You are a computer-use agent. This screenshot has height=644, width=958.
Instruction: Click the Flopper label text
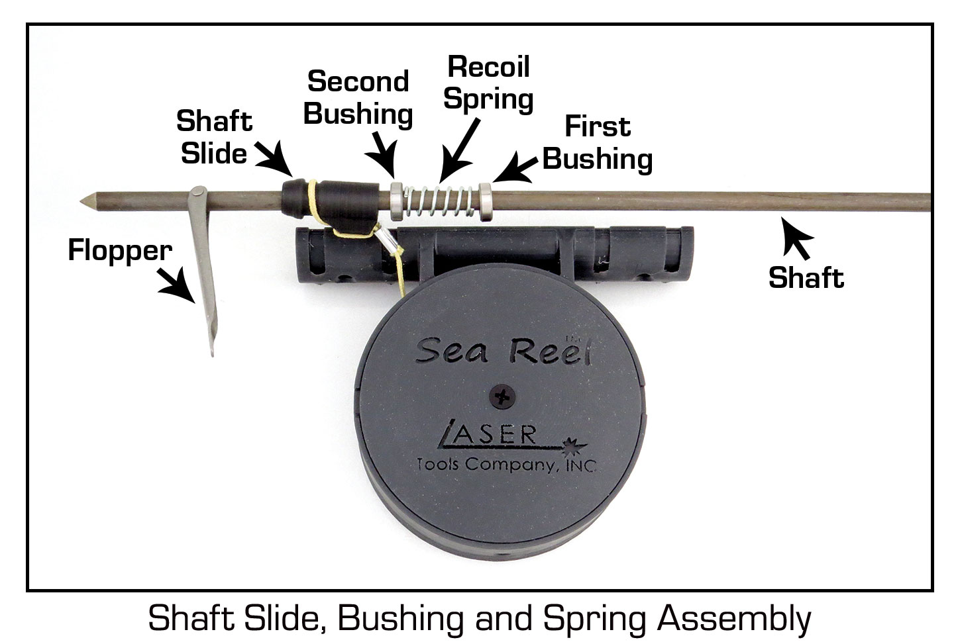(x=120, y=251)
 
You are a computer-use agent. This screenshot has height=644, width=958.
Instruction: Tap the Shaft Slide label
(x=214, y=137)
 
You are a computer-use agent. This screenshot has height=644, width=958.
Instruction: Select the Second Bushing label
(x=358, y=98)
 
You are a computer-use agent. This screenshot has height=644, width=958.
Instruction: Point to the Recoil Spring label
(x=488, y=83)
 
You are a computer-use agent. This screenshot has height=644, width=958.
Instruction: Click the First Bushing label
(x=598, y=143)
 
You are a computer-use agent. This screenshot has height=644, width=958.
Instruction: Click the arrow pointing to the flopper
(x=177, y=287)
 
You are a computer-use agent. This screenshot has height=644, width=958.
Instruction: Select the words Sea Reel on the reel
(x=502, y=350)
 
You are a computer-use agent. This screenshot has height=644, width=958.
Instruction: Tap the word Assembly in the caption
(x=733, y=620)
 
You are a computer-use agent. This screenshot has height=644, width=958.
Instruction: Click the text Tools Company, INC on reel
(x=506, y=464)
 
